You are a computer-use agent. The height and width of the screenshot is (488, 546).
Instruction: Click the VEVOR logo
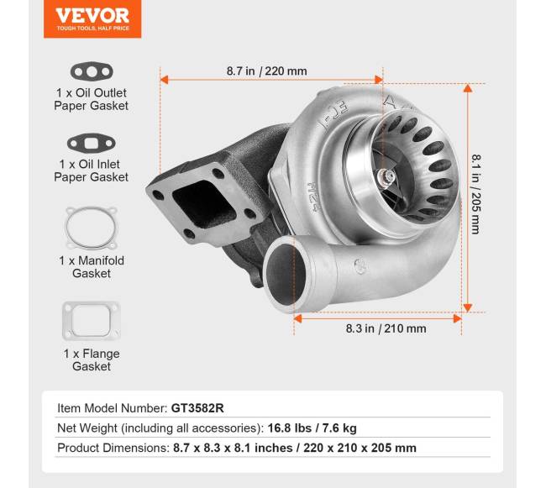(x=92, y=18)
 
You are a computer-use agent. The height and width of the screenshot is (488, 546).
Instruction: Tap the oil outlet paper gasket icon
(x=91, y=71)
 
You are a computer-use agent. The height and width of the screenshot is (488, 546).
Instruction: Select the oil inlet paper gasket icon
(x=91, y=142)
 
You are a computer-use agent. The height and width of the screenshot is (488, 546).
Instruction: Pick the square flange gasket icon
(x=91, y=320)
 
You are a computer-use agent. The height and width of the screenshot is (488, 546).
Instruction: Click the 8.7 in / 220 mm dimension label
(x=266, y=71)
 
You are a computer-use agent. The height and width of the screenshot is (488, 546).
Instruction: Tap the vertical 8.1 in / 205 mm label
(x=475, y=193)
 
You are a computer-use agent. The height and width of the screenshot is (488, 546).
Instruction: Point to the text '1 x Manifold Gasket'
(x=91, y=267)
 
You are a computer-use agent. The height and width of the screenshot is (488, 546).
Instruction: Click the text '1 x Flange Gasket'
(x=91, y=360)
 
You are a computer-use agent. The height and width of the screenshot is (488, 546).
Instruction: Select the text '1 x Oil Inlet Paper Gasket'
(x=91, y=171)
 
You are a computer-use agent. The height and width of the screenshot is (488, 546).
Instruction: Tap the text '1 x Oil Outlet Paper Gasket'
(x=91, y=99)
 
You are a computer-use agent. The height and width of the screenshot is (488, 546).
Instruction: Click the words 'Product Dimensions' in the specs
(x=113, y=448)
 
